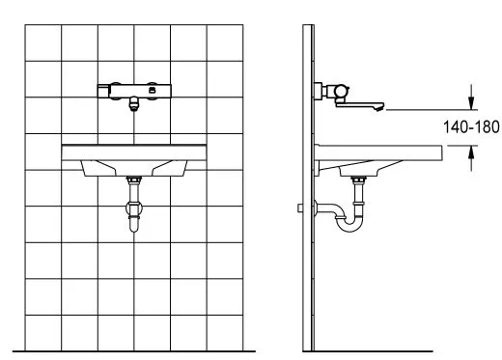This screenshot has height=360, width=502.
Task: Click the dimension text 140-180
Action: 471,127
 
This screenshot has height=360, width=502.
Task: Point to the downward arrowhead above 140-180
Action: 471,102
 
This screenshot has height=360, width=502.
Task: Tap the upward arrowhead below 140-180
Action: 471,152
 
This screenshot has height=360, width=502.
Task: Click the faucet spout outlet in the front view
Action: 134,104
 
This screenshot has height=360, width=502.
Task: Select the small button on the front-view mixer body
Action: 152,91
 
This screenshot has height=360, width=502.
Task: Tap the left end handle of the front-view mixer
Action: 103,91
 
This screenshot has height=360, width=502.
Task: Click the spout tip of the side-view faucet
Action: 379,107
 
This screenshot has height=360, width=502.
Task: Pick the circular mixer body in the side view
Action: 341,91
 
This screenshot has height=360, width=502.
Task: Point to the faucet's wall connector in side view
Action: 318,92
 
